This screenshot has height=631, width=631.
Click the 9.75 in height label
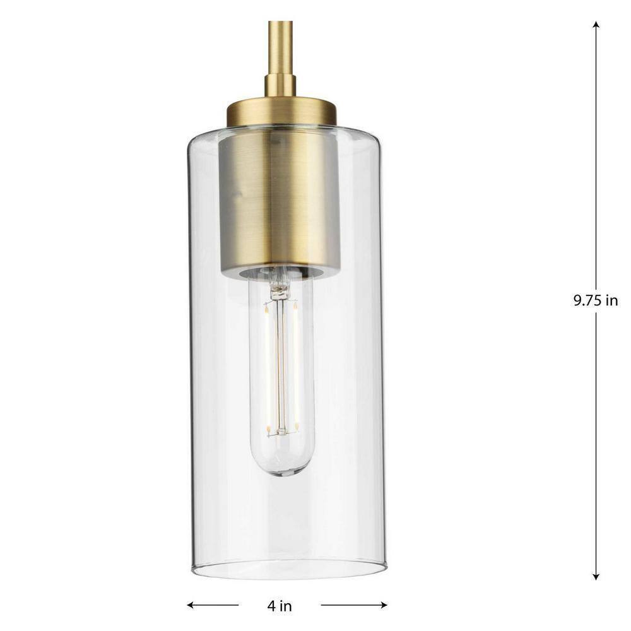click(596, 300)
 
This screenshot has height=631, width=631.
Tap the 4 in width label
click(280, 605)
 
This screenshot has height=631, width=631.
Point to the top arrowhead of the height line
click(596, 24)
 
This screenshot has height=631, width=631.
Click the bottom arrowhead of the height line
click(596, 576)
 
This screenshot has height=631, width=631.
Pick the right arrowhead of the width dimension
click(383, 604)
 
